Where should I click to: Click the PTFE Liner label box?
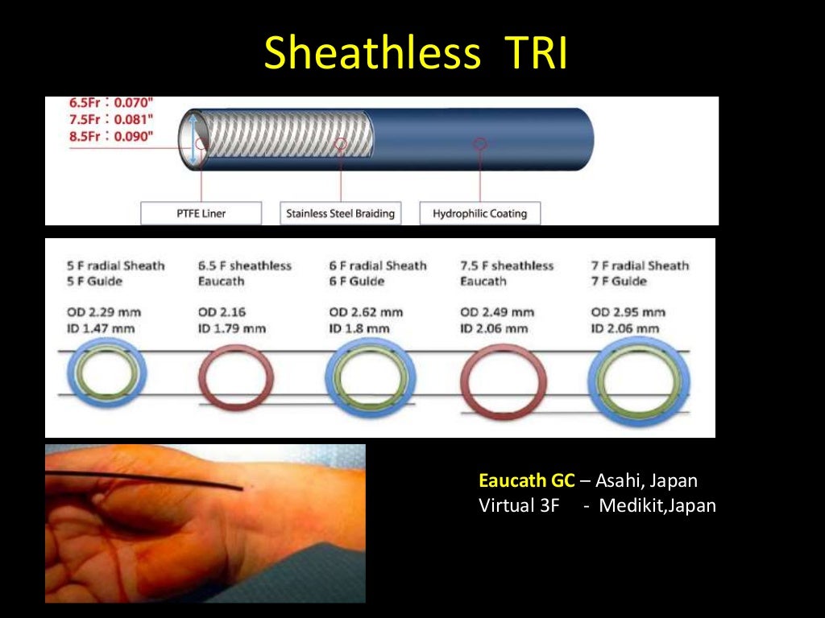click(x=201, y=213)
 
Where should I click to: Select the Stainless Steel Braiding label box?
click(x=341, y=213)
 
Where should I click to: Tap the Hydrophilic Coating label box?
click(x=479, y=213)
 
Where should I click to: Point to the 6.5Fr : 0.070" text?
click(x=100, y=104)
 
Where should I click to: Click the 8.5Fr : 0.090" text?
click(x=100, y=136)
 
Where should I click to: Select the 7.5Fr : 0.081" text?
click(x=100, y=120)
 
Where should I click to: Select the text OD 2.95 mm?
click(x=628, y=312)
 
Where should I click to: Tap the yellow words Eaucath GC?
click(x=526, y=481)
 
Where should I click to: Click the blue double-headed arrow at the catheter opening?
click(x=194, y=140)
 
